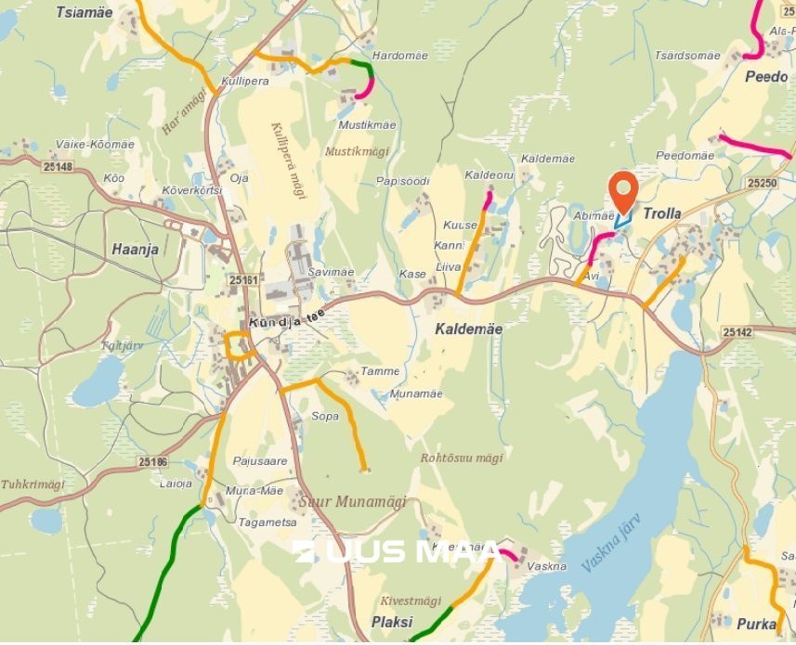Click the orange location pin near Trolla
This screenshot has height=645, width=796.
pyautogui.click(x=622, y=190)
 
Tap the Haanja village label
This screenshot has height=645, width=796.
pyautogui.click(x=135, y=249)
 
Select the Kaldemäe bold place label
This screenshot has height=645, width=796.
pyautogui.click(x=469, y=329)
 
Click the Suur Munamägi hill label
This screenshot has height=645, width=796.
pyautogui.click(x=354, y=501)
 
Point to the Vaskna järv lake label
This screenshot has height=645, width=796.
pyautogui.click(x=610, y=548)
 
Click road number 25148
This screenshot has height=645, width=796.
pyautogui.click(x=57, y=166)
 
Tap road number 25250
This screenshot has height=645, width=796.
pyautogui.click(x=761, y=184)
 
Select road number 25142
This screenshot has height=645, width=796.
pyautogui.click(x=737, y=331)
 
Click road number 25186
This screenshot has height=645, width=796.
pyautogui.click(x=151, y=461)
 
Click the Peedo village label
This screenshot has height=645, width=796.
pyautogui.click(x=766, y=77)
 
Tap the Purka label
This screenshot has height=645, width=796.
pyautogui.click(x=754, y=625)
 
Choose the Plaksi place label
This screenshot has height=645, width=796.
pyautogui.click(x=391, y=622)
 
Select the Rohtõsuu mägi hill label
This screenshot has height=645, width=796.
pyautogui.click(x=462, y=458)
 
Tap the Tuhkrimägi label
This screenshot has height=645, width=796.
pyautogui.click(x=33, y=484)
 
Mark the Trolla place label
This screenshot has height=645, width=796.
pyautogui.click(x=661, y=213)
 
